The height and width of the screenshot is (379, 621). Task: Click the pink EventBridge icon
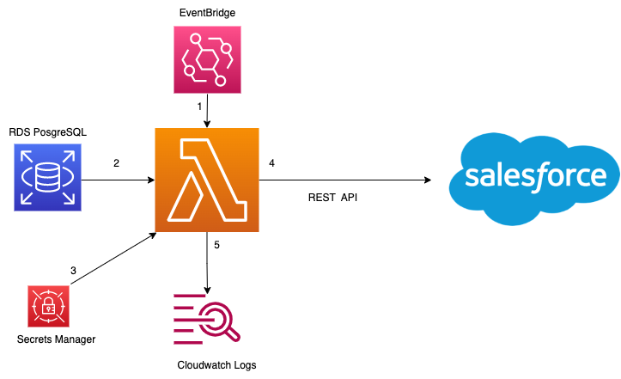206,58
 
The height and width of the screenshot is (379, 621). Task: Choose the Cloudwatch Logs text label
216,364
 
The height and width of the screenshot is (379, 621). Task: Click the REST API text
332,198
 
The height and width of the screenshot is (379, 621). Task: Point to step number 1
199,107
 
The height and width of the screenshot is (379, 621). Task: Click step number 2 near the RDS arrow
116,162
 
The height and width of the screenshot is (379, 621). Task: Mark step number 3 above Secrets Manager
73,271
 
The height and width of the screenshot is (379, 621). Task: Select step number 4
271,162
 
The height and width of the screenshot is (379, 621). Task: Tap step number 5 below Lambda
216,245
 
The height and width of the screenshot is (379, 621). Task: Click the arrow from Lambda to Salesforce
344,180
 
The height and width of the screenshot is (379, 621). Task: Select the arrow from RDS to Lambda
116,180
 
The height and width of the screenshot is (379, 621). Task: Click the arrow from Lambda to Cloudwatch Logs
207,262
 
